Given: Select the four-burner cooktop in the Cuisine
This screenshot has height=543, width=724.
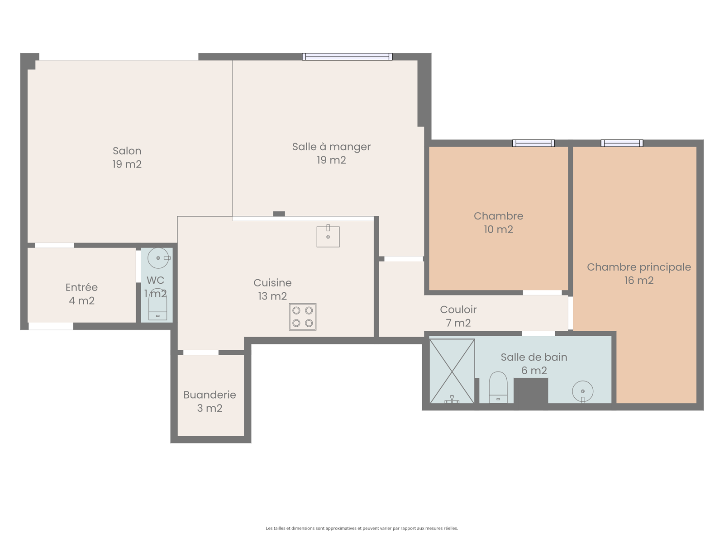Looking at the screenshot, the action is [x=302, y=317].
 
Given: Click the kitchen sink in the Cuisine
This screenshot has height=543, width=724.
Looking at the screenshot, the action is [x=328, y=236].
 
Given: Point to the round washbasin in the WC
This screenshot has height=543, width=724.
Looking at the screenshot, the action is [x=159, y=258].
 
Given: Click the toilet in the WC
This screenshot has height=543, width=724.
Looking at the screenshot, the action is [x=157, y=304].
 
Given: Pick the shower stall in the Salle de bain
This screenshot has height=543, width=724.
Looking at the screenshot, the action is [x=452, y=371].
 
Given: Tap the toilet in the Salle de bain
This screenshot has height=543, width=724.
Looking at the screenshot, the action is [x=498, y=387].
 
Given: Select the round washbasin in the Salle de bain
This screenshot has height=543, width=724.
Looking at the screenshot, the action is [x=582, y=391].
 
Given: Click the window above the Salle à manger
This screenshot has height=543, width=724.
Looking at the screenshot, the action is [x=347, y=57].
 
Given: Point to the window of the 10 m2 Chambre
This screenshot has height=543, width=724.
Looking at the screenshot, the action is [x=533, y=143].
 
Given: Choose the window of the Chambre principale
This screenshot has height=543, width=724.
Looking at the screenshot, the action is [x=622, y=143].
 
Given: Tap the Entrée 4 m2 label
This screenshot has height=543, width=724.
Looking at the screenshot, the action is [x=81, y=294].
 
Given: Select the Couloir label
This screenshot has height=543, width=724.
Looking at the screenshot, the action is [x=458, y=310].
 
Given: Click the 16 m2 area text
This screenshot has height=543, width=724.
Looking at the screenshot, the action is [x=639, y=281].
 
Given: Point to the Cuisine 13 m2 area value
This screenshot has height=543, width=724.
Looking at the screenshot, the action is [x=272, y=296].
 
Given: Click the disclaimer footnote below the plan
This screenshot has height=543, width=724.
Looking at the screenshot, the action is [x=362, y=528].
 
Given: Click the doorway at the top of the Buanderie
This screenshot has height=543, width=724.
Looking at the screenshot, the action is [x=201, y=352].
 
